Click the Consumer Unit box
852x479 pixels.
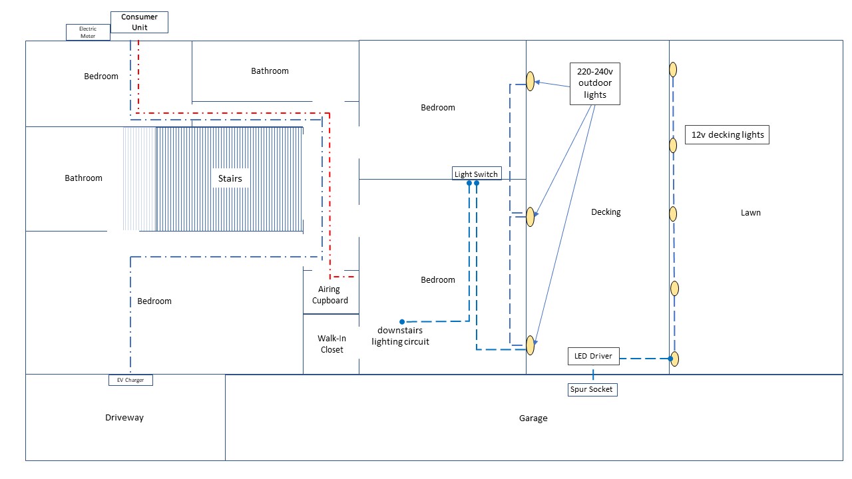139,22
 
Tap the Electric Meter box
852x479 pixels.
88,32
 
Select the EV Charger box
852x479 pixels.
130,381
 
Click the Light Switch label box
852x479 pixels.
476,174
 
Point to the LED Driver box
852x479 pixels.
593,356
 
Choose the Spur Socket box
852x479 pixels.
592,390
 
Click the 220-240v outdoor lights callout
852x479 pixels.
595,84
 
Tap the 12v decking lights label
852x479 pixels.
728,134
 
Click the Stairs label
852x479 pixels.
230,178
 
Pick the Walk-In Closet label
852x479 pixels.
331,344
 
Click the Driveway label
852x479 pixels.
124,418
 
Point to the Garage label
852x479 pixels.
533,418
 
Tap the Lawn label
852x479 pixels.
750,213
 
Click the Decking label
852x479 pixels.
606,212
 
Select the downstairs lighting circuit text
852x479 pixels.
400,336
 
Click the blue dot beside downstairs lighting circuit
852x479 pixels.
402,322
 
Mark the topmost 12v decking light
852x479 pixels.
673,69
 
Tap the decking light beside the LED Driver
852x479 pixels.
674,359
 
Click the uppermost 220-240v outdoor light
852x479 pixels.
531,81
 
